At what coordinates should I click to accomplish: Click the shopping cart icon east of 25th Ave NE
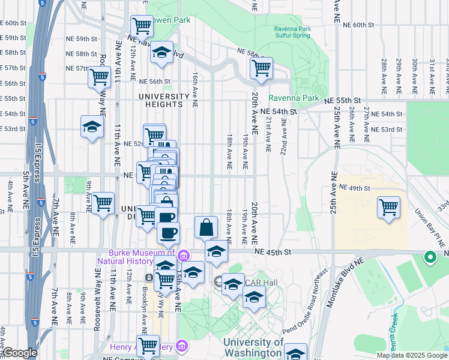pos(388,208)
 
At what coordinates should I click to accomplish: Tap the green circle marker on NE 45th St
pos(430,258)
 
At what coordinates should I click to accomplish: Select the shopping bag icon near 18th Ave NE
pos(206,227)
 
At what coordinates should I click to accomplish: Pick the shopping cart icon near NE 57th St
pos(99,77)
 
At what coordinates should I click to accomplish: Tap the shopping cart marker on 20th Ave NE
pos(261,68)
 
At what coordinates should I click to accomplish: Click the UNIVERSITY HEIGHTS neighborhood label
pos(160,100)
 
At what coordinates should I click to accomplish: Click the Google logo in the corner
pos(20,353)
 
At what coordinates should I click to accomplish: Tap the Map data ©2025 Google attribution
pos(411,355)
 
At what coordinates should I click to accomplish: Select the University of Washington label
pos(253,347)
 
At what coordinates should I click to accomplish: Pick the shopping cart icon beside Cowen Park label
pos(142,26)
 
